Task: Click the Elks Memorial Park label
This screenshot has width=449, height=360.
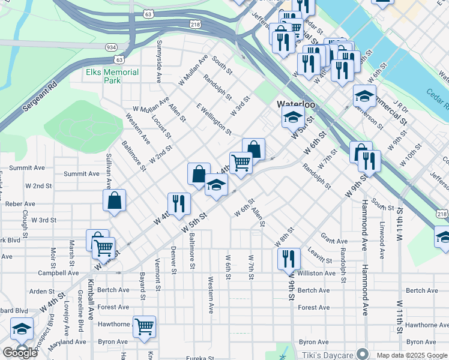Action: (112, 76)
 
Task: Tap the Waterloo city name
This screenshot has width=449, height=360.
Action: (296, 104)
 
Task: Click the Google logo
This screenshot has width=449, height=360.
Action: (20, 353)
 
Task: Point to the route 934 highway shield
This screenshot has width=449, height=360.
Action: (110, 47)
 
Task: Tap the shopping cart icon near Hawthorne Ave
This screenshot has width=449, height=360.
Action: (144, 327)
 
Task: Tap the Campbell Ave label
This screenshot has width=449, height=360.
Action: (58, 272)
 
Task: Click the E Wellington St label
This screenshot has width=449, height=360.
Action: (214, 117)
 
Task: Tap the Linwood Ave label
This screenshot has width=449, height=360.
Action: (382, 240)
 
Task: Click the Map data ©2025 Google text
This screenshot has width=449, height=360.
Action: (411, 355)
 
